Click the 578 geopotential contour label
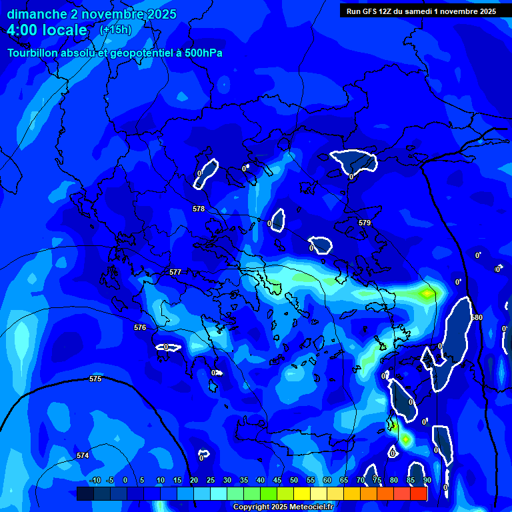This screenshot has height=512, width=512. pos(199,209)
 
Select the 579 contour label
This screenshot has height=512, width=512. pos(364,223)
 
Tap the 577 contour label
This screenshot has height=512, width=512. pos(175,272)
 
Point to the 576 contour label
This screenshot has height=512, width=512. pos(140,327)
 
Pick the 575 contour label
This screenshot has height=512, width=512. pos(95,379)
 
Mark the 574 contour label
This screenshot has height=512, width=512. pos(83,455)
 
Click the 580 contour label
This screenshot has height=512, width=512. pos(476,317)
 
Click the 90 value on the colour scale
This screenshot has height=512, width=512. pos(427,481)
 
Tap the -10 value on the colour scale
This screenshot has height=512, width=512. pos(95,481)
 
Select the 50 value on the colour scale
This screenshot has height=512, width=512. pos(294,481)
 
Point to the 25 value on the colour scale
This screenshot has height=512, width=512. pos(211,481)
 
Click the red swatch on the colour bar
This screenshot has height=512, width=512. pos(419,493)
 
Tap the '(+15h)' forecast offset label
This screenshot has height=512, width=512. pos(115,29)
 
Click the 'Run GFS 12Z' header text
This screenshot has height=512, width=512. pos(373,11)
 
